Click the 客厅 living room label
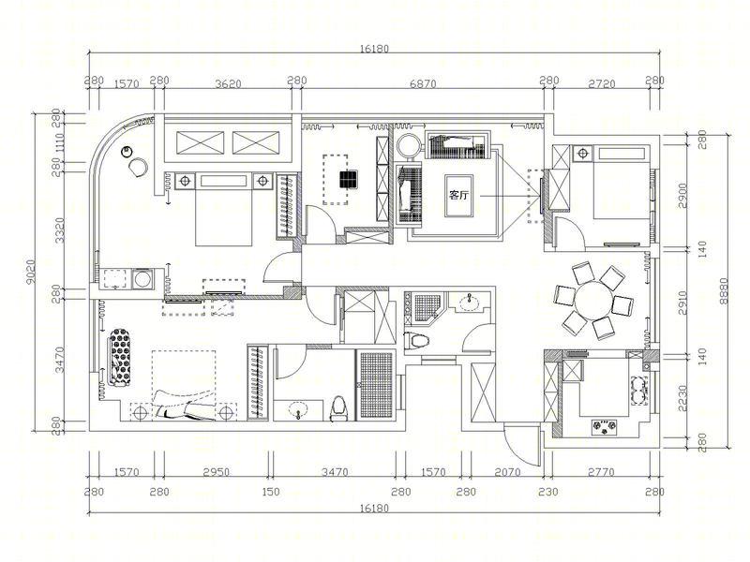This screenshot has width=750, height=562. [x=458, y=195]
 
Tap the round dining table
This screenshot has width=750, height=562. [x=593, y=301]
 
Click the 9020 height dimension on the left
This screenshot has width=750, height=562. [x=31, y=273]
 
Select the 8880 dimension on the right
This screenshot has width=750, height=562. [x=724, y=291]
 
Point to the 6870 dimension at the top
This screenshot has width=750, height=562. [x=424, y=84]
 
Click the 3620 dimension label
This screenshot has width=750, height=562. [x=228, y=84]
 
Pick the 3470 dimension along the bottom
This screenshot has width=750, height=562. [x=335, y=472]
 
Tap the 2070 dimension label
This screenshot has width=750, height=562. [x=507, y=472]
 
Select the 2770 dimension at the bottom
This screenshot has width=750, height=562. [x=601, y=472]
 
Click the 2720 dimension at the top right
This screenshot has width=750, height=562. [x=602, y=84]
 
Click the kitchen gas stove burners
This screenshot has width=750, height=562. [x=605, y=427]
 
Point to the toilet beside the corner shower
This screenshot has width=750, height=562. [x=416, y=341]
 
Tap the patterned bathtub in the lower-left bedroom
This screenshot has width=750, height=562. [x=120, y=357]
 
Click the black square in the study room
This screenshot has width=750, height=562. [x=349, y=179]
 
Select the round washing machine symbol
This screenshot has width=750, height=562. [x=142, y=278]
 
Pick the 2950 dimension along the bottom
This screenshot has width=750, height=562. [x=217, y=472]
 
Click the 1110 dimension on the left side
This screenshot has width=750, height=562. [x=60, y=143]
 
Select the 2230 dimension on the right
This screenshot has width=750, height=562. [x=682, y=398]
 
